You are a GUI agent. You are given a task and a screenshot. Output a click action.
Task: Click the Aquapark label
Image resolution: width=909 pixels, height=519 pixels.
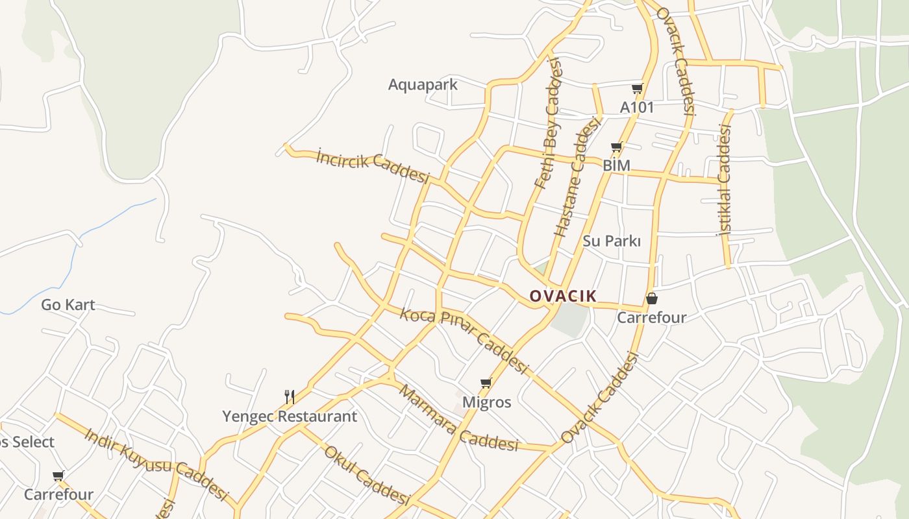(423, 84)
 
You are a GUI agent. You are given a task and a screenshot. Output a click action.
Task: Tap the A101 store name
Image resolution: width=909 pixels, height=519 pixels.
(637, 107)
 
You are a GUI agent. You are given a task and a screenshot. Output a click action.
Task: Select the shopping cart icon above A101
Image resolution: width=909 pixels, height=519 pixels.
(637, 89)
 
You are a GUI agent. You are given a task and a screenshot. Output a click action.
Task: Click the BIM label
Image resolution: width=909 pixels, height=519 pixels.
(616, 165)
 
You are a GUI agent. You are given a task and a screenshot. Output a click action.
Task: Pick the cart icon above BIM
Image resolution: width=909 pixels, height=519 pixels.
(616, 147)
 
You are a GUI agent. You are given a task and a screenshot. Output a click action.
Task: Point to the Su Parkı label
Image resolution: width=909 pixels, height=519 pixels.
(612, 241)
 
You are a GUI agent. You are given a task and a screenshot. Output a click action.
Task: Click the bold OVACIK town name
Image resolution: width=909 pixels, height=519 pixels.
(563, 296)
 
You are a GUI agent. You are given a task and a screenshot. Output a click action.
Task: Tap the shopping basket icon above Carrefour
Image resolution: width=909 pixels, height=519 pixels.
(651, 298)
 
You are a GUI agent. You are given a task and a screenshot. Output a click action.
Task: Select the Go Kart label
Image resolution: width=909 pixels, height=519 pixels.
(68, 304)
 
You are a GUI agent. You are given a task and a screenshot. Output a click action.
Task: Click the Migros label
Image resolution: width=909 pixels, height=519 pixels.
(486, 402)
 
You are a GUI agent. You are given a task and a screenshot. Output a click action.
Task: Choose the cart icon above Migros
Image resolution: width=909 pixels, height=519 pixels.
(486, 383)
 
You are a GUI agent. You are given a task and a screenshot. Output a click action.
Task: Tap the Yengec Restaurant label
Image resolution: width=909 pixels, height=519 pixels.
(290, 416)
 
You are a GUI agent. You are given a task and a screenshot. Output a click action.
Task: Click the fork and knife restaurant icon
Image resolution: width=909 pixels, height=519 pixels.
(290, 396)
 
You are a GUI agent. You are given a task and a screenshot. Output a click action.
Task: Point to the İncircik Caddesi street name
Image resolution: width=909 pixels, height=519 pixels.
(373, 167)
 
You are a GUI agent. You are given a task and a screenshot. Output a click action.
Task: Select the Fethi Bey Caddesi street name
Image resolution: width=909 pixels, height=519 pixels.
(547, 123)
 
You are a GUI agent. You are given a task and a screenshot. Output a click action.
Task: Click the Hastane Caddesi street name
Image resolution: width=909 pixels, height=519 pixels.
(576, 176)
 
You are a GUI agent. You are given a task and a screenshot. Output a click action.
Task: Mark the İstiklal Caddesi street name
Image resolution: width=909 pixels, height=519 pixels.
(724, 180)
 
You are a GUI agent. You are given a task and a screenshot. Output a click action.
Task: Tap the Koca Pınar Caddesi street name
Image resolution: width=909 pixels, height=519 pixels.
(464, 340)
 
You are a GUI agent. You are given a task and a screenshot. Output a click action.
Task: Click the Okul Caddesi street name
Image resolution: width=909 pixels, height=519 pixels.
(367, 475)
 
